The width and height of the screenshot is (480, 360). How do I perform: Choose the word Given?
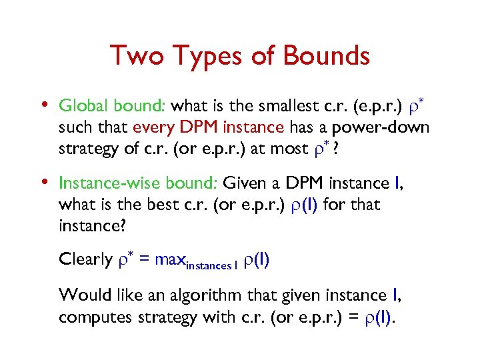tap(245, 183)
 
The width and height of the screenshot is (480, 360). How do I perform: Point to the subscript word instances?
tap(207, 265)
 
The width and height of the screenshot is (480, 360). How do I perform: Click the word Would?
tap(81, 295)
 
